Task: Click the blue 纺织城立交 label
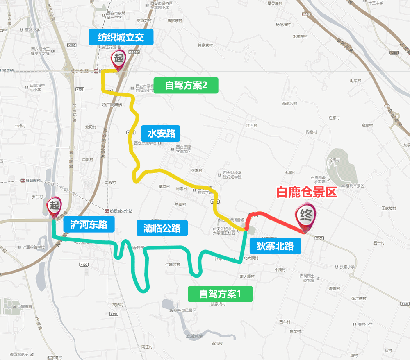(121, 37)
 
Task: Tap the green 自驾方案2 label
(186, 85)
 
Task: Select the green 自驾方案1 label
(220, 294)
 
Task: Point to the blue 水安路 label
(161, 133)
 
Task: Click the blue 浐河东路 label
(89, 224)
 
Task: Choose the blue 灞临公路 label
(162, 228)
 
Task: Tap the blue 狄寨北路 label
(275, 246)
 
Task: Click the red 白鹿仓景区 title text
(306, 192)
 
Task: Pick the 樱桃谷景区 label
(349, 186)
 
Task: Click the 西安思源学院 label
(146, 143)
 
